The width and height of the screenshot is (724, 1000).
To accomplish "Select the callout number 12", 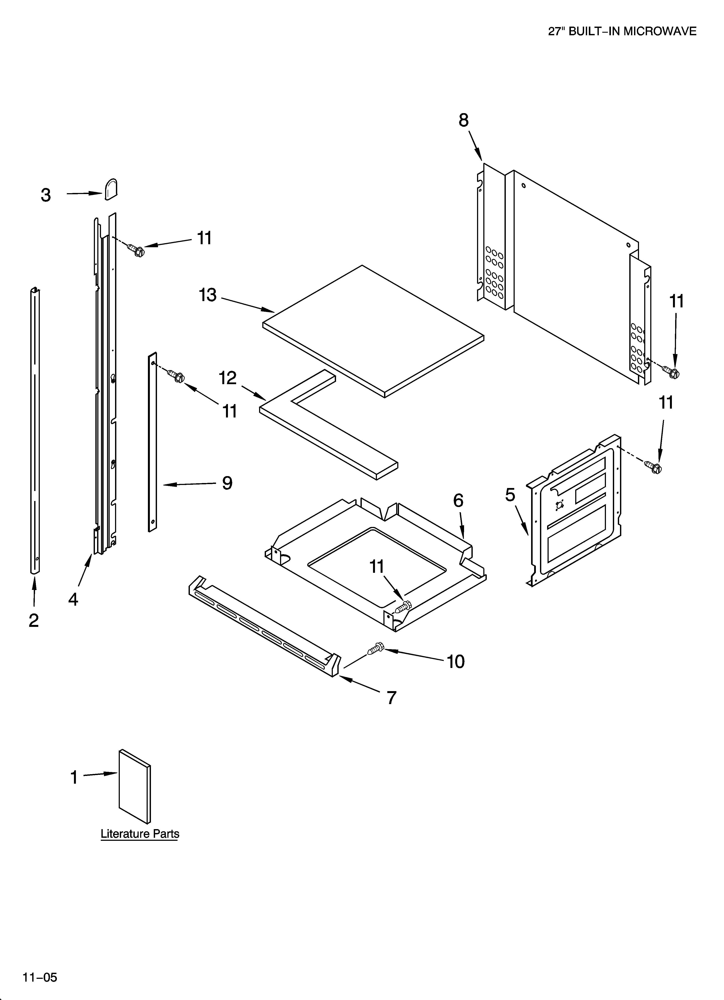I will tap(228, 378).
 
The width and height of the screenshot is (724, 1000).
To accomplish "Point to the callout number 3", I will tap(46, 195).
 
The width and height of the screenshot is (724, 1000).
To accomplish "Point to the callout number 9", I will tap(227, 483).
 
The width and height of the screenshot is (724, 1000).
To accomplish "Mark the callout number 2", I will tap(34, 620).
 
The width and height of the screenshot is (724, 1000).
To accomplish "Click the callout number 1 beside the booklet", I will tap(74, 777).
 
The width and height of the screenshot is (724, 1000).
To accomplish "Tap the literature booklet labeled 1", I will tap(134, 786).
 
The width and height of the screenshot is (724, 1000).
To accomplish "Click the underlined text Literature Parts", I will tap(140, 834).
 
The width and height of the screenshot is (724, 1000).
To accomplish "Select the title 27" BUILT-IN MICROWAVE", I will tap(622, 31).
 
